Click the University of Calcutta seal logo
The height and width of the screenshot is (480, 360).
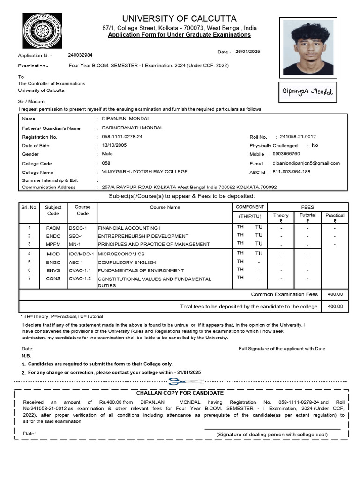42,34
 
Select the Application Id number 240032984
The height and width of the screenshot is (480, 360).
80,55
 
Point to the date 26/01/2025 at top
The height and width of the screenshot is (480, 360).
247,52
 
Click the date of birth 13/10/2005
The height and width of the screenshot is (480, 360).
114,145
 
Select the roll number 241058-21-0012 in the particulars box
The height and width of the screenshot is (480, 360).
298,137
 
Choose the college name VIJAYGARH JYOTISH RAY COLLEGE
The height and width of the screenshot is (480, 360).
145,172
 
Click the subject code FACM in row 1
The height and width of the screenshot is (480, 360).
53,227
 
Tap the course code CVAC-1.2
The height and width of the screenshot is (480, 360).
80,278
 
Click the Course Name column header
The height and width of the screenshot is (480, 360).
165,207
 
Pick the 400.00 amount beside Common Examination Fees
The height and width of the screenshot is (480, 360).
335,294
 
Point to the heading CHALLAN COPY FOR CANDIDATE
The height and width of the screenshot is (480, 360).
180,393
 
